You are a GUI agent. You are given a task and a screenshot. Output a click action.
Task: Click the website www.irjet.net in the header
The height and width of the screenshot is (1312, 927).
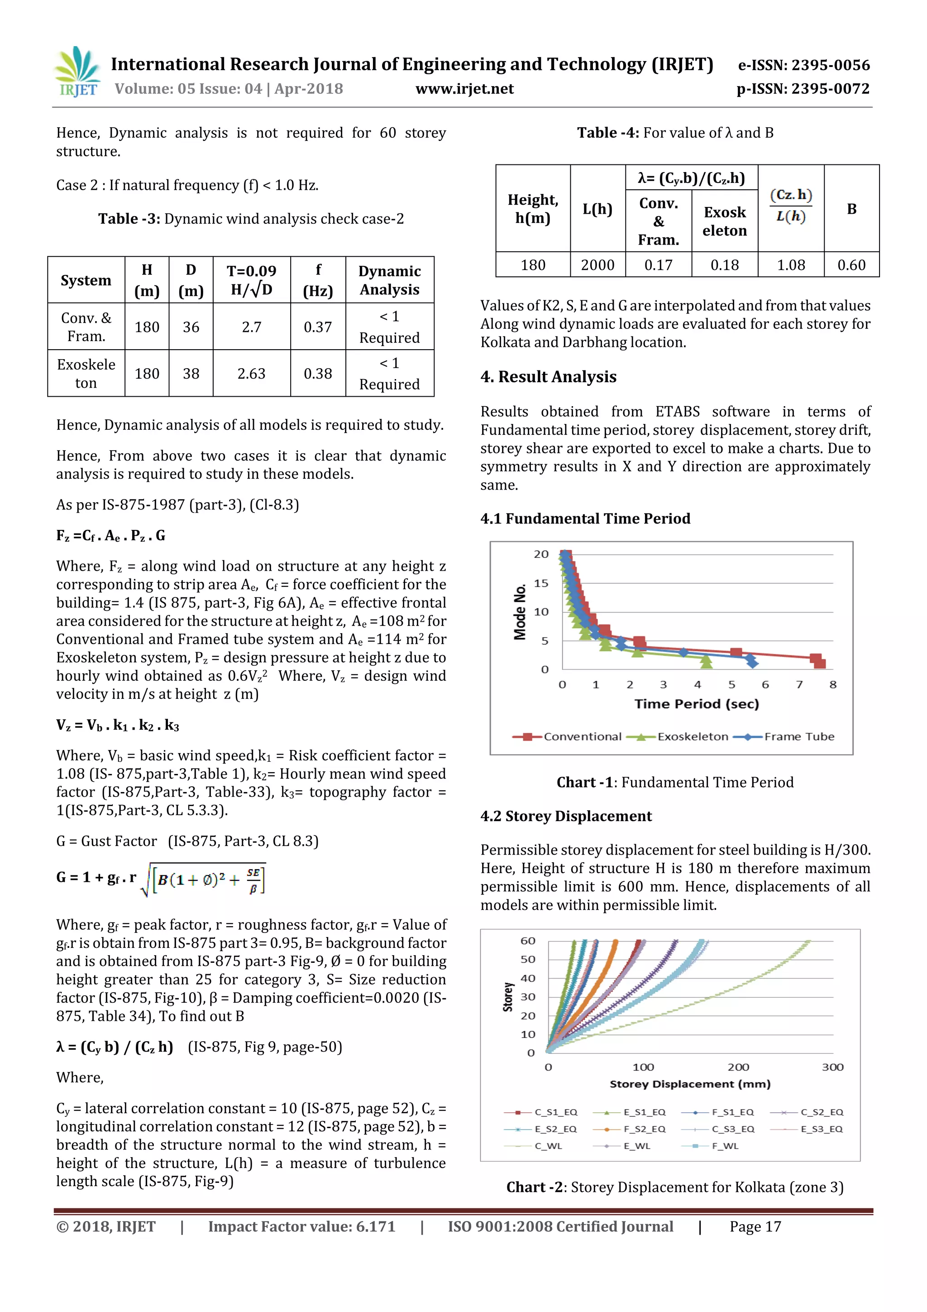click(x=464, y=89)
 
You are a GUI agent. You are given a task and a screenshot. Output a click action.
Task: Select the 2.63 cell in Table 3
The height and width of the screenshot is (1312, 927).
click(x=251, y=374)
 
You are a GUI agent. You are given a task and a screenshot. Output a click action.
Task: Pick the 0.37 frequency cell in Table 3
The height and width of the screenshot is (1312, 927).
click(x=318, y=327)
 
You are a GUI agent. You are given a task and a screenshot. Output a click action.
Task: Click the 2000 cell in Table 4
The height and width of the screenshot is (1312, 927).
click(x=597, y=265)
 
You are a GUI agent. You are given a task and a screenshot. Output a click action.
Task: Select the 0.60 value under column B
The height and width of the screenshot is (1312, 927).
click(x=851, y=265)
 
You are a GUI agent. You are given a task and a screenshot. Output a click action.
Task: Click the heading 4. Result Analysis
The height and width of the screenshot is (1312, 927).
click(x=548, y=377)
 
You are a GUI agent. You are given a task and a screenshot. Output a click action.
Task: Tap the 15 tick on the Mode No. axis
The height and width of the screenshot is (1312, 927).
click(x=541, y=583)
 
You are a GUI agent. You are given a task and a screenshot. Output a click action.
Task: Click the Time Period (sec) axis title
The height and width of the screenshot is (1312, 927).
click(x=696, y=704)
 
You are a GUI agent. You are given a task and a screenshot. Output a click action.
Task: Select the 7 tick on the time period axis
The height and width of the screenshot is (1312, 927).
click(x=799, y=685)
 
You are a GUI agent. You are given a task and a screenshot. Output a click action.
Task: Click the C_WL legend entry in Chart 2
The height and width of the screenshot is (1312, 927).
click(x=548, y=1146)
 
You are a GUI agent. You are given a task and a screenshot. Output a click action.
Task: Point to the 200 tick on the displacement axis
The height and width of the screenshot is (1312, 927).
click(x=738, y=1067)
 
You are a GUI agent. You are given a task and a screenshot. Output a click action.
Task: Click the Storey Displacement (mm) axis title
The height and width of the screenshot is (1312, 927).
click(x=690, y=1085)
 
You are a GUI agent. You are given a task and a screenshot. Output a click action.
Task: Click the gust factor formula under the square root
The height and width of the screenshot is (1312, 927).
click(x=209, y=879)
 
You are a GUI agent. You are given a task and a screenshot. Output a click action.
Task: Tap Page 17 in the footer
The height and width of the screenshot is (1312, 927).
click(x=755, y=1227)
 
